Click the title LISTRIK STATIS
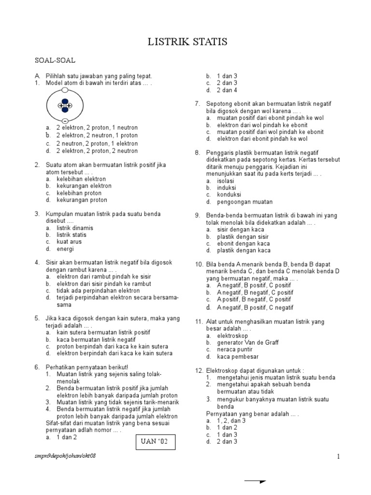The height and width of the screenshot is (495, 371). (x=187, y=43)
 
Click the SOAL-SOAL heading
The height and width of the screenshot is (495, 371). (x=55, y=61)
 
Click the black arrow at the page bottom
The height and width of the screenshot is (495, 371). (x=256, y=481)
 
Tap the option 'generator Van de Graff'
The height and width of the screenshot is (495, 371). (x=248, y=343)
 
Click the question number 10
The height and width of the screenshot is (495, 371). (x=199, y=265)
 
